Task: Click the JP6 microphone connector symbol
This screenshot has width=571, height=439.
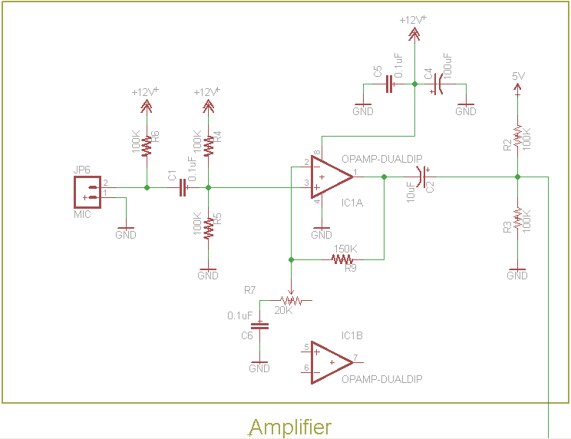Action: pos(87,192)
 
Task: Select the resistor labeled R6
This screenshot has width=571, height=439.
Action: pos(146,141)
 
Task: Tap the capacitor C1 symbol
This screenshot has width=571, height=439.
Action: pos(183,186)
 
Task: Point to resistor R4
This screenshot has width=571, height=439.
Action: pos(208,141)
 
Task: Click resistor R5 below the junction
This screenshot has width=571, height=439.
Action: pos(208,227)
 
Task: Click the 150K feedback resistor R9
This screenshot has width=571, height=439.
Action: pos(342,259)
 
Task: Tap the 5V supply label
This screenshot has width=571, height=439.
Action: pos(518,76)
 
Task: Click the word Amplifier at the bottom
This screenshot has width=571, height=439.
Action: pos(290,427)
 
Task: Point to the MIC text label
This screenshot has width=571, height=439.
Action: pos(82,214)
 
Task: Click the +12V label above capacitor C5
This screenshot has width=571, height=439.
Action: pos(413,21)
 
